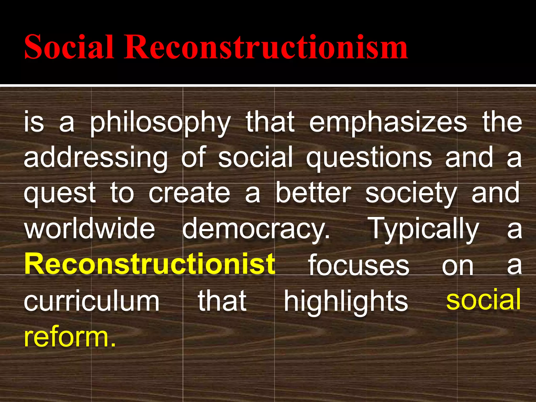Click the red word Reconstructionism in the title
(266, 47)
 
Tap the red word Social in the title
(69, 47)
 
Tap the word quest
(60, 194)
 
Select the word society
(411, 194)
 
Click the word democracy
(256, 229)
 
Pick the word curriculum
(92, 301)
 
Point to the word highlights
(346, 301)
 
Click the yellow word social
(483, 300)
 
